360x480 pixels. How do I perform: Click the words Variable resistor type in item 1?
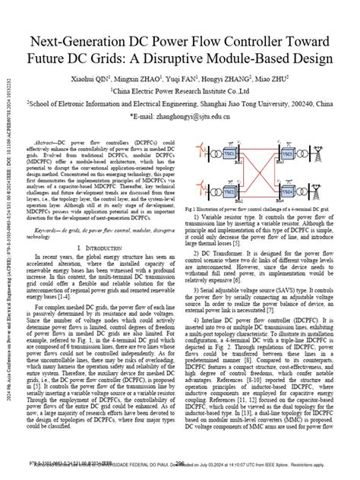pos(224,216)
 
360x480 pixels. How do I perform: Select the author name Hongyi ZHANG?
pos(229,78)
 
